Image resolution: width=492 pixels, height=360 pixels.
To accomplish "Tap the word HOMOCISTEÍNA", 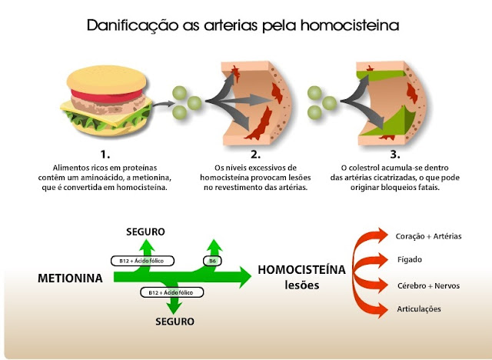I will tap(301, 270).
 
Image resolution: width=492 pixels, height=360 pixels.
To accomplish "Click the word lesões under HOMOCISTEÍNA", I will tap(301, 285).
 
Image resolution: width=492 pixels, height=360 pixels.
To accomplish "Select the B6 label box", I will tap(213, 261).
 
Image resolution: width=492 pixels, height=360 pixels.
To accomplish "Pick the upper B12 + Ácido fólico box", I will tap(142, 261).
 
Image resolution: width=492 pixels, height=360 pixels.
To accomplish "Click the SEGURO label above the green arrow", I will tap(145, 232).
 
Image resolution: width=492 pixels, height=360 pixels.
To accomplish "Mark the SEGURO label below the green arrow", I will tap(174, 321).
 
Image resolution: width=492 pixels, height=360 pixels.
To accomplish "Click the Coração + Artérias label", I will tap(428, 235).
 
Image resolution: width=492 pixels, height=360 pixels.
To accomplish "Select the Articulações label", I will tap(419, 309).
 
